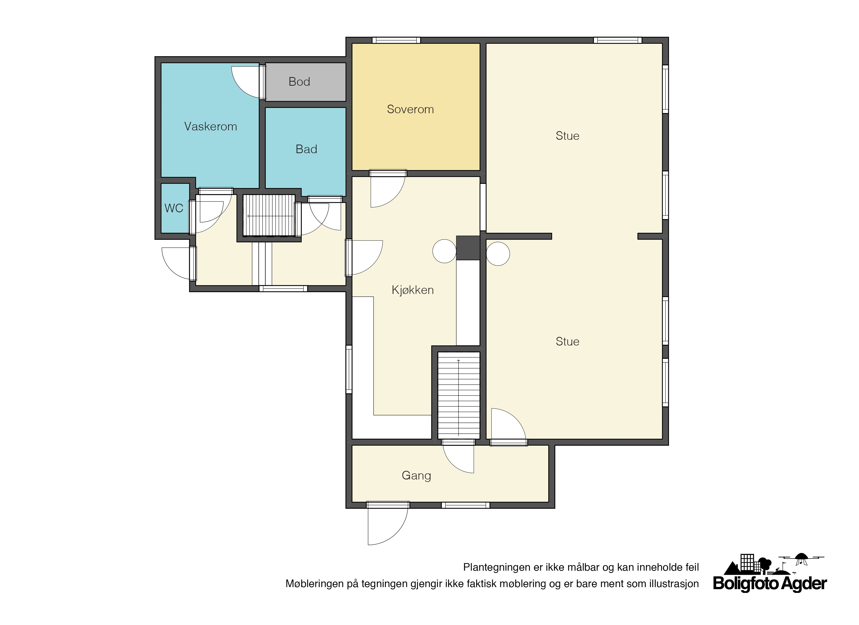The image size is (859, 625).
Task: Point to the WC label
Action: pyautogui.click(x=174, y=208)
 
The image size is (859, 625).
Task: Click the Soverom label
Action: pyautogui.click(x=410, y=109)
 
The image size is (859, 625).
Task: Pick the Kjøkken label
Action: pyautogui.click(x=413, y=290)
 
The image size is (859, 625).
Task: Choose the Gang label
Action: pyautogui.click(x=416, y=476)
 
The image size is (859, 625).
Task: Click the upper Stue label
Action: pyautogui.click(x=567, y=136)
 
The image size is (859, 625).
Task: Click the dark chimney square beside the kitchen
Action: pyautogui.click(x=468, y=248)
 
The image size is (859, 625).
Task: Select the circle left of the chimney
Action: pyautogui.click(x=444, y=251)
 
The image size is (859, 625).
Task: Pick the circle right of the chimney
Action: pyautogui.click(x=498, y=253)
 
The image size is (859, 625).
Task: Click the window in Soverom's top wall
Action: pyautogui.click(x=396, y=40)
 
